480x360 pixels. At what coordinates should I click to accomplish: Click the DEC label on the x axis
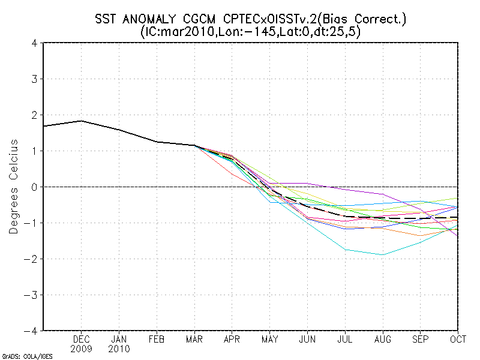click(x=82, y=339)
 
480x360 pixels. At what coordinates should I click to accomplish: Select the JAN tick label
click(x=119, y=339)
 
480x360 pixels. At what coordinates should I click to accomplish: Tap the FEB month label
click(x=157, y=339)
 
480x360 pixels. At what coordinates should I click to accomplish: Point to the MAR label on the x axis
click(x=194, y=339)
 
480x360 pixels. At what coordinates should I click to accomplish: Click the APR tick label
click(x=232, y=339)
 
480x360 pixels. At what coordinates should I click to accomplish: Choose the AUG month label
click(x=383, y=339)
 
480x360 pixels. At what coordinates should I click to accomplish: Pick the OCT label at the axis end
click(x=458, y=339)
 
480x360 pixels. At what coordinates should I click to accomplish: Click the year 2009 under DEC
click(x=82, y=349)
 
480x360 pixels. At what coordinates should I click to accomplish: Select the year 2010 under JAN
click(x=119, y=349)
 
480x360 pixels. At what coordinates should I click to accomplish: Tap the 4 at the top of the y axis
click(x=35, y=43)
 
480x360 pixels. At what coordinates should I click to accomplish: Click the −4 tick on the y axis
click(x=32, y=331)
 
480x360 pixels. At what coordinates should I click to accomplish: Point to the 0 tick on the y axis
click(x=35, y=187)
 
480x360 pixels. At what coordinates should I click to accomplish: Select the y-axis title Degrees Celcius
click(x=14, y=187)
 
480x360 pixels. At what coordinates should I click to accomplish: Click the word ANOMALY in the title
click(x=151, y=19)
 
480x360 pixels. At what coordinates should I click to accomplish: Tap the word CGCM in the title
click(x=201, y=19)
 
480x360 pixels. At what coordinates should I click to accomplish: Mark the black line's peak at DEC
click(x=82, y=121)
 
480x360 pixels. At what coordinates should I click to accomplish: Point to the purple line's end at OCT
click(x=458, y=236)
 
